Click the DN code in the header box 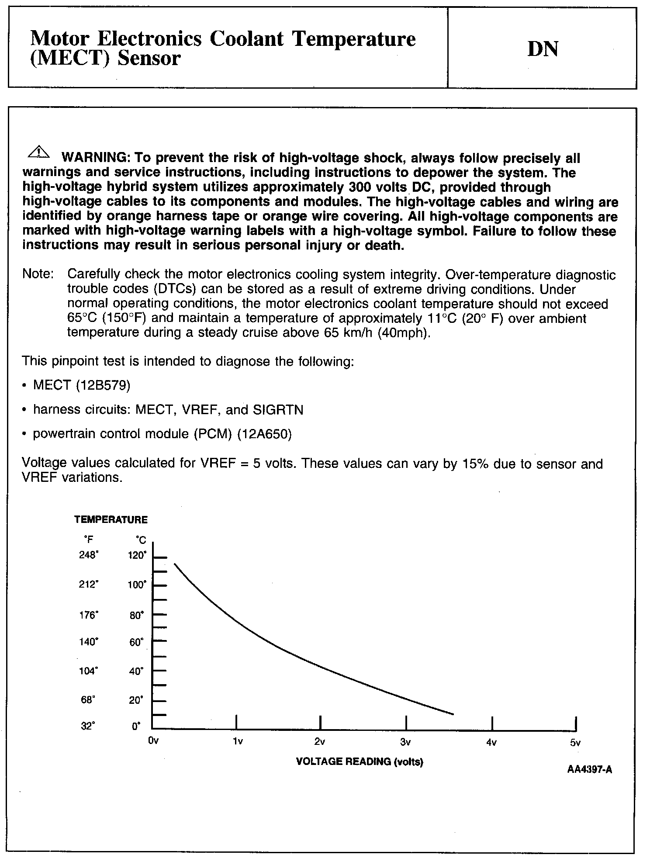click(x=543, y=49)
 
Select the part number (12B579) click(x=103, y=385)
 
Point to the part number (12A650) click(x=264, y=434)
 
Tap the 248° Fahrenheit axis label click(x=89, y=555)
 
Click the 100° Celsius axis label click(x=137, y=585)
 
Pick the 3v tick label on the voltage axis click(x=405, y=742)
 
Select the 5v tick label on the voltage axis click(x=575, y=743)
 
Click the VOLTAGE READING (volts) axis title click(x=360, y=762)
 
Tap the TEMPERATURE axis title click(x=111, y=520)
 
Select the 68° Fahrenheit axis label click(x=88, y=700)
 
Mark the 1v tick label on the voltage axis click(x=237, y=742)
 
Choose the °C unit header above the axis click(x=141, y=541)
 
